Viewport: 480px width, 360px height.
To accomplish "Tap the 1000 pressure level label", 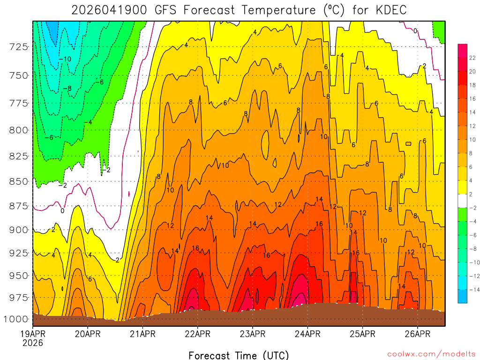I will (16, 319).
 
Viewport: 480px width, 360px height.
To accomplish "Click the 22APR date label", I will (197, 334).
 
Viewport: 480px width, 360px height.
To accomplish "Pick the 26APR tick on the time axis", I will (417, 334).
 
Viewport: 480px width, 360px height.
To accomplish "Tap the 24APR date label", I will (307, 334).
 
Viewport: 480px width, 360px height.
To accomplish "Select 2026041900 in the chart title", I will (110, 10).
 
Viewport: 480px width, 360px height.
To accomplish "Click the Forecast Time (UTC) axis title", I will (239, 355).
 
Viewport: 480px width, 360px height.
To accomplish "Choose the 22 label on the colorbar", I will (472, 58).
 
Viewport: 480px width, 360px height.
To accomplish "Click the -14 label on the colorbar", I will (472, 289).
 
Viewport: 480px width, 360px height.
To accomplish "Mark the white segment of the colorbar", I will (462, 201).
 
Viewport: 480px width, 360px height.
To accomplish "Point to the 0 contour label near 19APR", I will (62, 211).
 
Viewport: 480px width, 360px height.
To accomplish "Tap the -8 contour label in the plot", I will (68, 88).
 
